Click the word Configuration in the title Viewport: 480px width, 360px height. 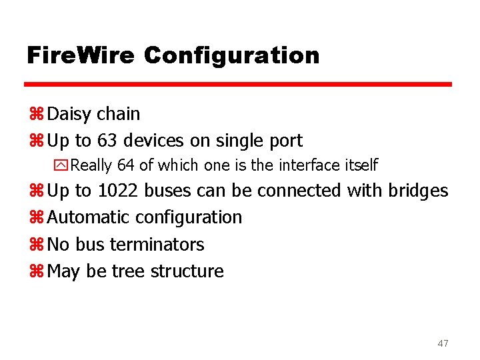click(x=231, y=56)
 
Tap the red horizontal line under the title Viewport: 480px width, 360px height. click(x=238, y=85)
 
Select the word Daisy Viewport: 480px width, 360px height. click(x=70, y=115)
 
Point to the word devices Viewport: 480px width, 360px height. click(x=158, y=141)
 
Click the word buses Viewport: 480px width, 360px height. click(x=167, y=191)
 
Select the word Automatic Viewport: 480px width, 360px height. click(x=89, y=217)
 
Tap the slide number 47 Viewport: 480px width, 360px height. click(x=443, y=343)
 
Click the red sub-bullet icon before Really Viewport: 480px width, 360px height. click(x=63, y=165)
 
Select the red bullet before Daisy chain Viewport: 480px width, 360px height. click(x=36, y=115)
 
